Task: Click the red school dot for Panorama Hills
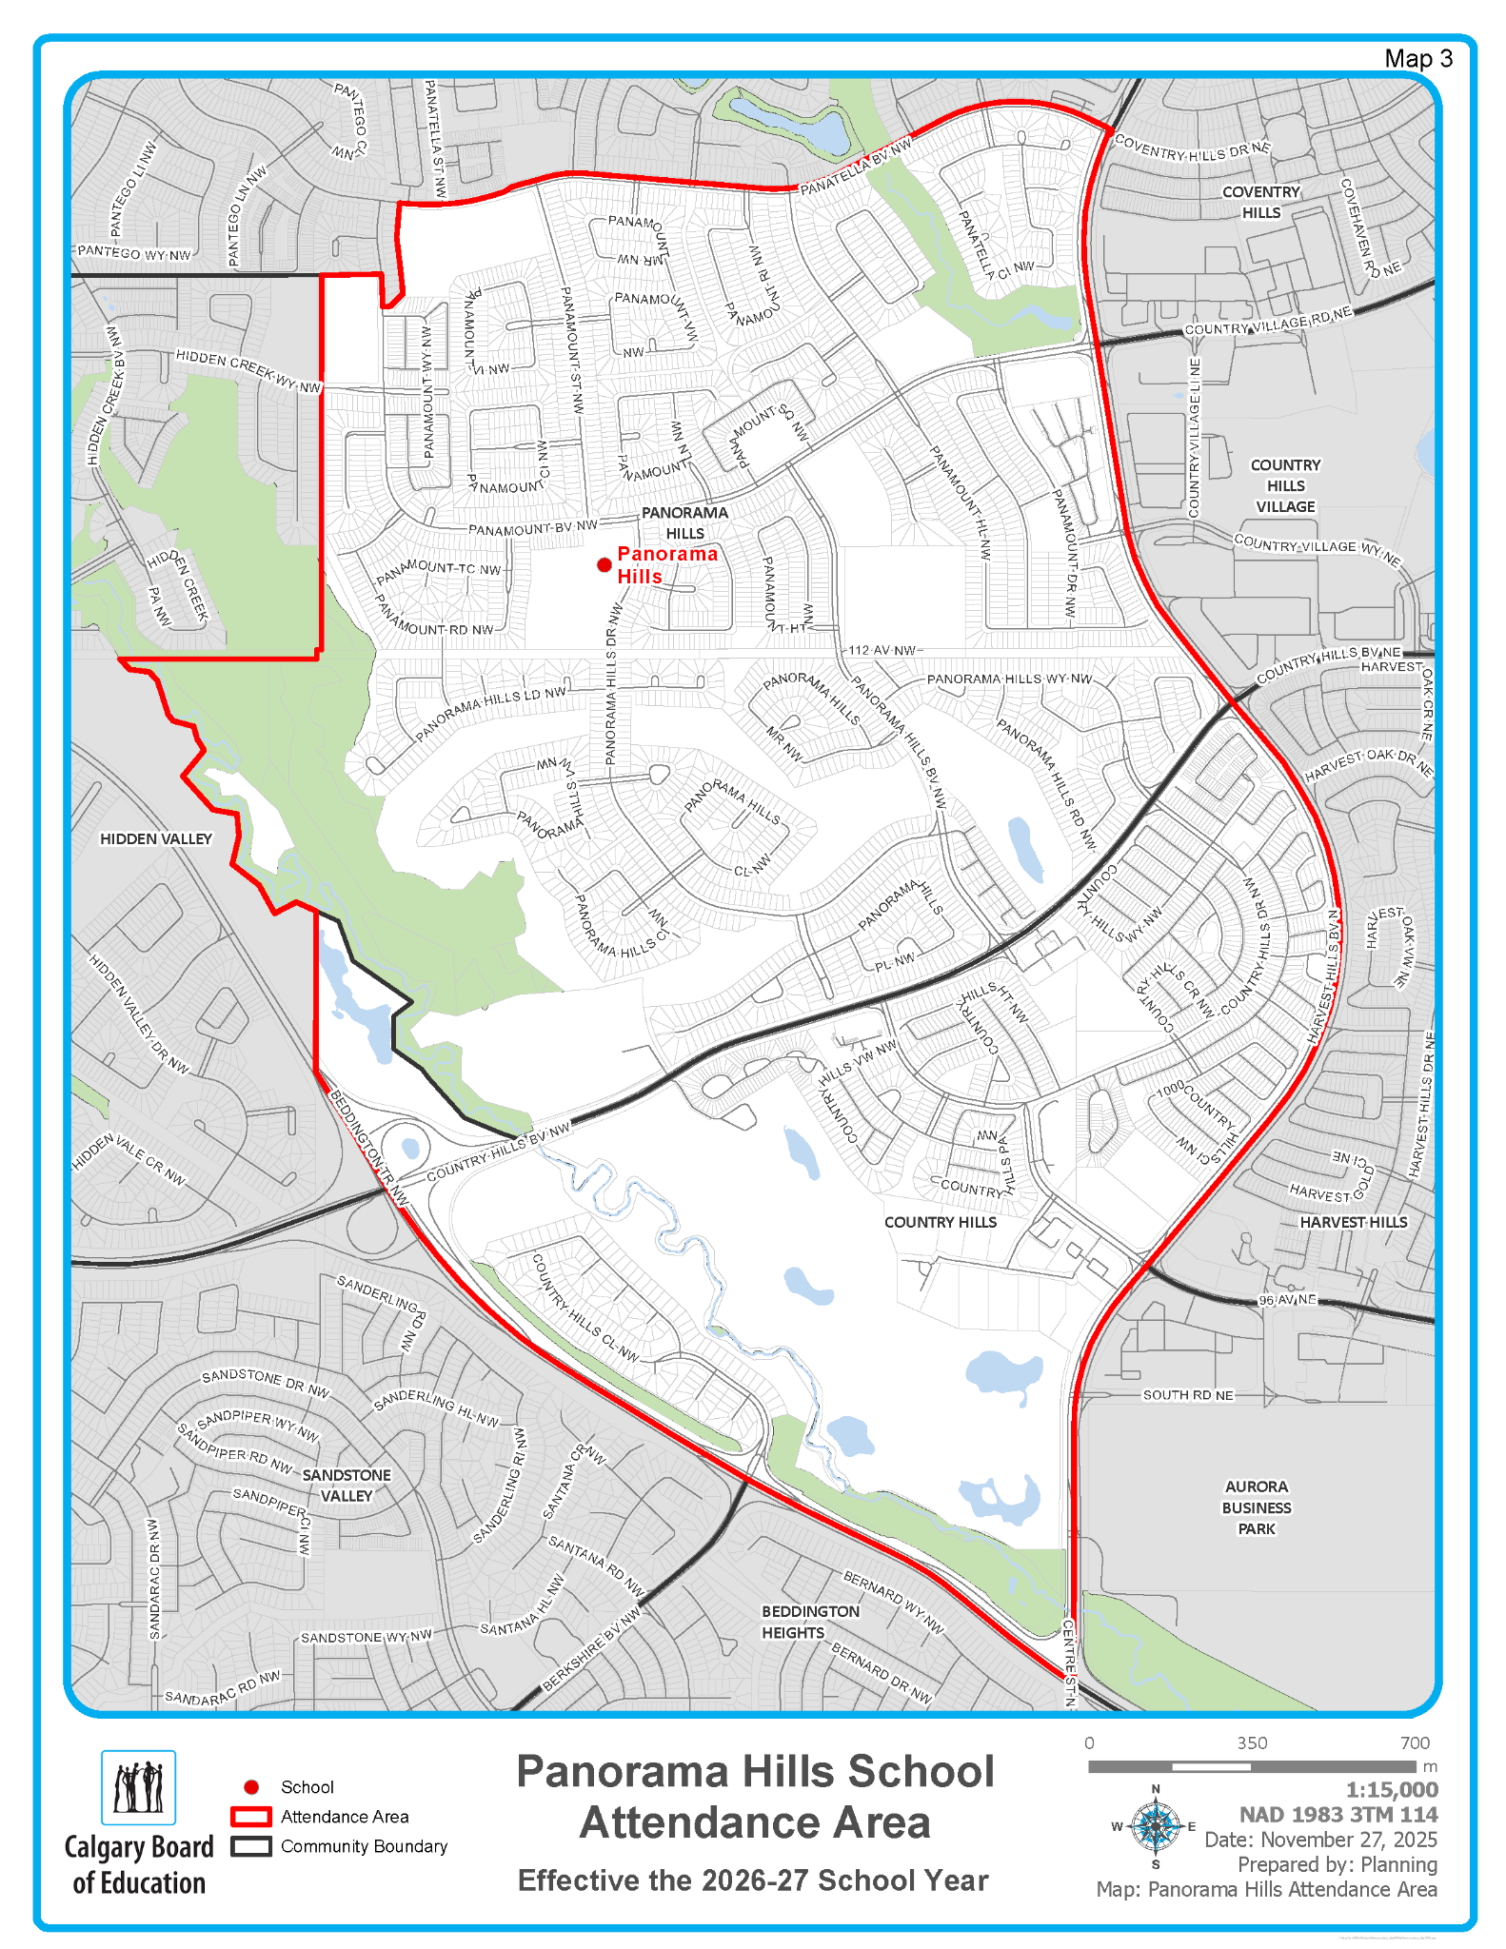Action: click(x=604, y=565)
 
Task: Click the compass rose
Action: click(x=1156, y=1826)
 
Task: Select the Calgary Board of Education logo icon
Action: click(x=139, y=1787)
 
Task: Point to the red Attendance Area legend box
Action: click(x=251, y=1817)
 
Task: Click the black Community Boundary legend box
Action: click(x=251, y=1846)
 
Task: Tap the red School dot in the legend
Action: click(x=251, y=1787)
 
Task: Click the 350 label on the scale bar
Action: click(x=1252, y=1743)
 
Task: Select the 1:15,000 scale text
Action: click(x=1391, y=1790)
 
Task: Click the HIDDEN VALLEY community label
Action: click(x=156, y=838)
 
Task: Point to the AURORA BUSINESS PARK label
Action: click(x=1257, y=1507)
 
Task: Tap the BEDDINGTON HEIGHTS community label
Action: click(x=810, y=1622)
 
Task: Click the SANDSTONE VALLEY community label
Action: click(x=347, y=1485)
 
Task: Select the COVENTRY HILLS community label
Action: click(x=1261, y=202)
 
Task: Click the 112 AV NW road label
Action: click(x=882, y=650)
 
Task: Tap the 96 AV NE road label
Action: click(x=1287, y=1299)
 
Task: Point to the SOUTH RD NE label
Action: click(x=1188, y=1395)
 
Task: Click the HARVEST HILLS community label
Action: click(x=1354, y=1222)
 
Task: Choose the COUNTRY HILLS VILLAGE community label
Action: click(x=1285, y=485)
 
